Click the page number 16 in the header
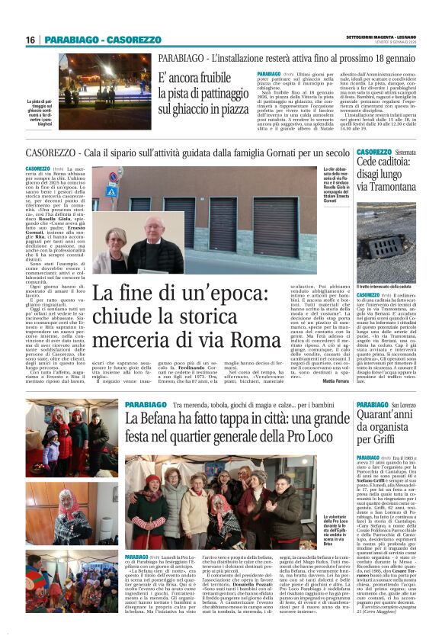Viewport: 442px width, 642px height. click(30, 40)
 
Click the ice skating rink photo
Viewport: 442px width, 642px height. click(106, 79)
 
